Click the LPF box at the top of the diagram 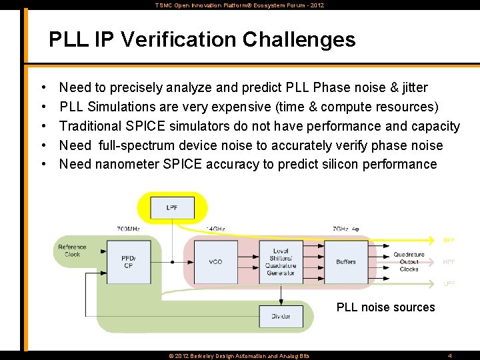[172, 208]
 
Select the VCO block [215, 262]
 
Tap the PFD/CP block [128, 262]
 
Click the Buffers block [346, 262]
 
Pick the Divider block [281, 316]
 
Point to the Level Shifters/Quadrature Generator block [281, 262]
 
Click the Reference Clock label [72, 251]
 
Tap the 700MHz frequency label [128, 229]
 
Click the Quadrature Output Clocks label [409, 261]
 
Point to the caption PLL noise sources [385, 307]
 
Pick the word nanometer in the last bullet [127, 164]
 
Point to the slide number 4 [450, 356]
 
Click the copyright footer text [239, 356]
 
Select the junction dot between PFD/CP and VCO [172, 262]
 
